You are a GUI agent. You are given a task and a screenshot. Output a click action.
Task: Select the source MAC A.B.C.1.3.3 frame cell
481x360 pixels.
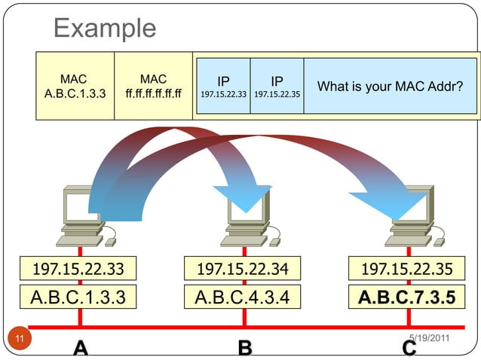[75, 87]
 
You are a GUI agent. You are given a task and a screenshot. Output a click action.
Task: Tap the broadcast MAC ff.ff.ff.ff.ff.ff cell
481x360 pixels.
[153, 87]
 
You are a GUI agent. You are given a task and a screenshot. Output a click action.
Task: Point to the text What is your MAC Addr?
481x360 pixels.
[390, 87]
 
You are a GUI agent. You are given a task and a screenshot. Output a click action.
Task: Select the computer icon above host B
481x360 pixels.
[245, 218]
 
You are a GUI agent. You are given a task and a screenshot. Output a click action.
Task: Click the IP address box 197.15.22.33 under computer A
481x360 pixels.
[73, 268]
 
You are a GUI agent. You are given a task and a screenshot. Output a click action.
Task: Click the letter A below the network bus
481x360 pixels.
[81, 348]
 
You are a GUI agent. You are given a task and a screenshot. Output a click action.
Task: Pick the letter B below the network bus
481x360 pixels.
[244, 348]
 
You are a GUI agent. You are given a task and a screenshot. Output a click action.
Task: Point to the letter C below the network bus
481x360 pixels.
[409, 349]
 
